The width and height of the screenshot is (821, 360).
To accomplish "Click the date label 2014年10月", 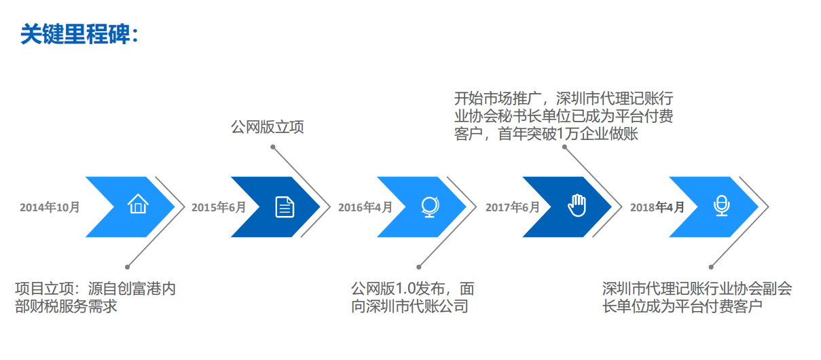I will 50,207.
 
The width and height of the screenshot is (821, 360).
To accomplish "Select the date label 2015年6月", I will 219,207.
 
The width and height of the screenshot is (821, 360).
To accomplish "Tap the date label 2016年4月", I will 365,207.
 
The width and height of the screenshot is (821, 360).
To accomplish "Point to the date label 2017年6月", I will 512,207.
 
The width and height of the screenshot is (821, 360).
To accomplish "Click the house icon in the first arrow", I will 138,204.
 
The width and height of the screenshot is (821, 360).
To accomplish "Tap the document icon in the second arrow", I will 285,206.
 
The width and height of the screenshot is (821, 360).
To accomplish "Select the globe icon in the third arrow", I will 430,206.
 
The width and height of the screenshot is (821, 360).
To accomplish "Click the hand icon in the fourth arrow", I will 577,205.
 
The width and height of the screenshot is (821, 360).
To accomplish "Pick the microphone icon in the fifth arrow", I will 722,206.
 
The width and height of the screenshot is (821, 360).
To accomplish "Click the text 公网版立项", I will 268,127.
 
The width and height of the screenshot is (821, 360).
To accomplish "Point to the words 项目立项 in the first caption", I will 40,289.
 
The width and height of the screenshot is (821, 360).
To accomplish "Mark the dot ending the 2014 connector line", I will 127,266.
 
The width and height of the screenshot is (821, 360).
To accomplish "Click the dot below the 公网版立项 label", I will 274,146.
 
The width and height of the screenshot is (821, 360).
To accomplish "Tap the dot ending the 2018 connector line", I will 711,266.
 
